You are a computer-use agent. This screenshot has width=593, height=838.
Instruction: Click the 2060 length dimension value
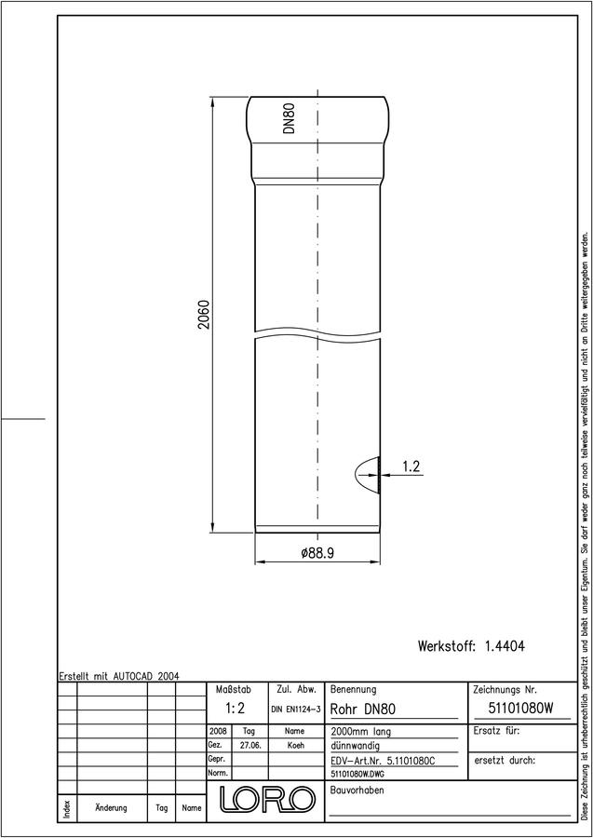tap(204, 316)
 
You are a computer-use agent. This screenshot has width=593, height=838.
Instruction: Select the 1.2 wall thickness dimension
tap(411, 466)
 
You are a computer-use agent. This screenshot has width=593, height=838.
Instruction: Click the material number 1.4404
tap(505, 646)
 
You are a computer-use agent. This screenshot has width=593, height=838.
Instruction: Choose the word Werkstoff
tap(447, 646)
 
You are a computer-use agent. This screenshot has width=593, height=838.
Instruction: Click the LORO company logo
tap(266, 799)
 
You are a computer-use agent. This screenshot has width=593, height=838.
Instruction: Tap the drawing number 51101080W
tap(520, 709)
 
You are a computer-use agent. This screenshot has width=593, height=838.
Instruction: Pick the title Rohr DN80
tap(363, 710)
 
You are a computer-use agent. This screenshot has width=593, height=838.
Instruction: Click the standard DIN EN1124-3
tap(295, 710)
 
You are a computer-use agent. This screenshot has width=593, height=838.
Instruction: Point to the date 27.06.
tap(250, 745)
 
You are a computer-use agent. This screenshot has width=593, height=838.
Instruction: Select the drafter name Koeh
tap(295, 745)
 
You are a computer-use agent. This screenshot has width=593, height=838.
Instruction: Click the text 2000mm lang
tap(360, 731)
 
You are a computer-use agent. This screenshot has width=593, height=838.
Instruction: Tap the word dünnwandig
tap(356, 746)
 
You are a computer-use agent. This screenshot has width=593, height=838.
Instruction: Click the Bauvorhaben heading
tap(357, 791)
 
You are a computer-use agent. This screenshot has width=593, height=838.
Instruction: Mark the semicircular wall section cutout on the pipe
tap(368, 474)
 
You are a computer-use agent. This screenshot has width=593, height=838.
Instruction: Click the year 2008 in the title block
tap(219, 731)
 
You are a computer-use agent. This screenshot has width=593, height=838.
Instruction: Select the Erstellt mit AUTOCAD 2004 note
tap(119, 676)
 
